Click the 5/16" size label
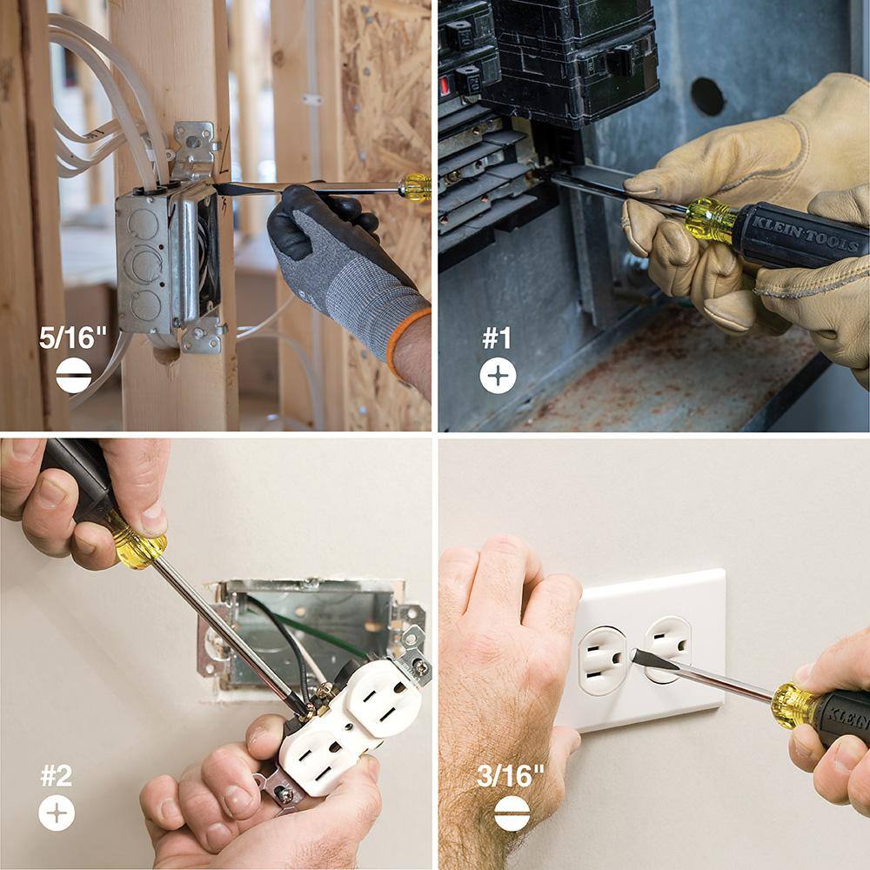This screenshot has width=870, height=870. click(x=72, y=337)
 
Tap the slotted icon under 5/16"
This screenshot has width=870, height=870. click(x=73, y=376)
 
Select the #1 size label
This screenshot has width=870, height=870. click(x=497, y=338)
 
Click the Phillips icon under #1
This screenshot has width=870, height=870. click(x=498, y=376)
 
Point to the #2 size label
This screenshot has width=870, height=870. click(x=57, y=776)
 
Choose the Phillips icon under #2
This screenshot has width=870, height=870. click(x=57, y=813)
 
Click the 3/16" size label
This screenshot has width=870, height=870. click(x=510, y=776)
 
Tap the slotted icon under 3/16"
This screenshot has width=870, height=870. click(x=512, y=813)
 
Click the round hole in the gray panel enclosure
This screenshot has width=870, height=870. click(x=707, y=96)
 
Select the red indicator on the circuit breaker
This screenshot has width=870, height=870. click(x=445, y=86)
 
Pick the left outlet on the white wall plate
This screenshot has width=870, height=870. click(x=600, y=659)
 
